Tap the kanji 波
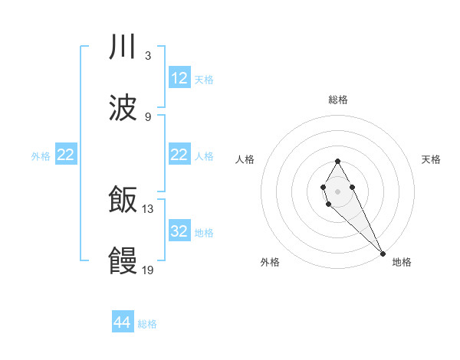[x=123, y=108]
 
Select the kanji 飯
[x=123, y=199]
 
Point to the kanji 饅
[x=123, y=260]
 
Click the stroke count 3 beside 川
[x=147, y=56]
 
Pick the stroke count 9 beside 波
[x=147, y=116]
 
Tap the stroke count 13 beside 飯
[x=149, y=208]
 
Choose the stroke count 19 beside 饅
[x=149, y=270]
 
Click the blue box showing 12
[x=179, y=78]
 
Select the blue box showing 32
[x=179, y=231]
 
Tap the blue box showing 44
[x=123, y=323]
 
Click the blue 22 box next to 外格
[x=66, y=155]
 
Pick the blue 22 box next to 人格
[x=179, y=155]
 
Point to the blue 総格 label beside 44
[x=147, y=324]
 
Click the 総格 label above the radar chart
[x=338, y=100]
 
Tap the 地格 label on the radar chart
[x=402, y=262]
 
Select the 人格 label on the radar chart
[x=245, y=159]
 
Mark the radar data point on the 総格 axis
[x=337, y=161]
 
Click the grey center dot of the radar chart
[x=337, y=190]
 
